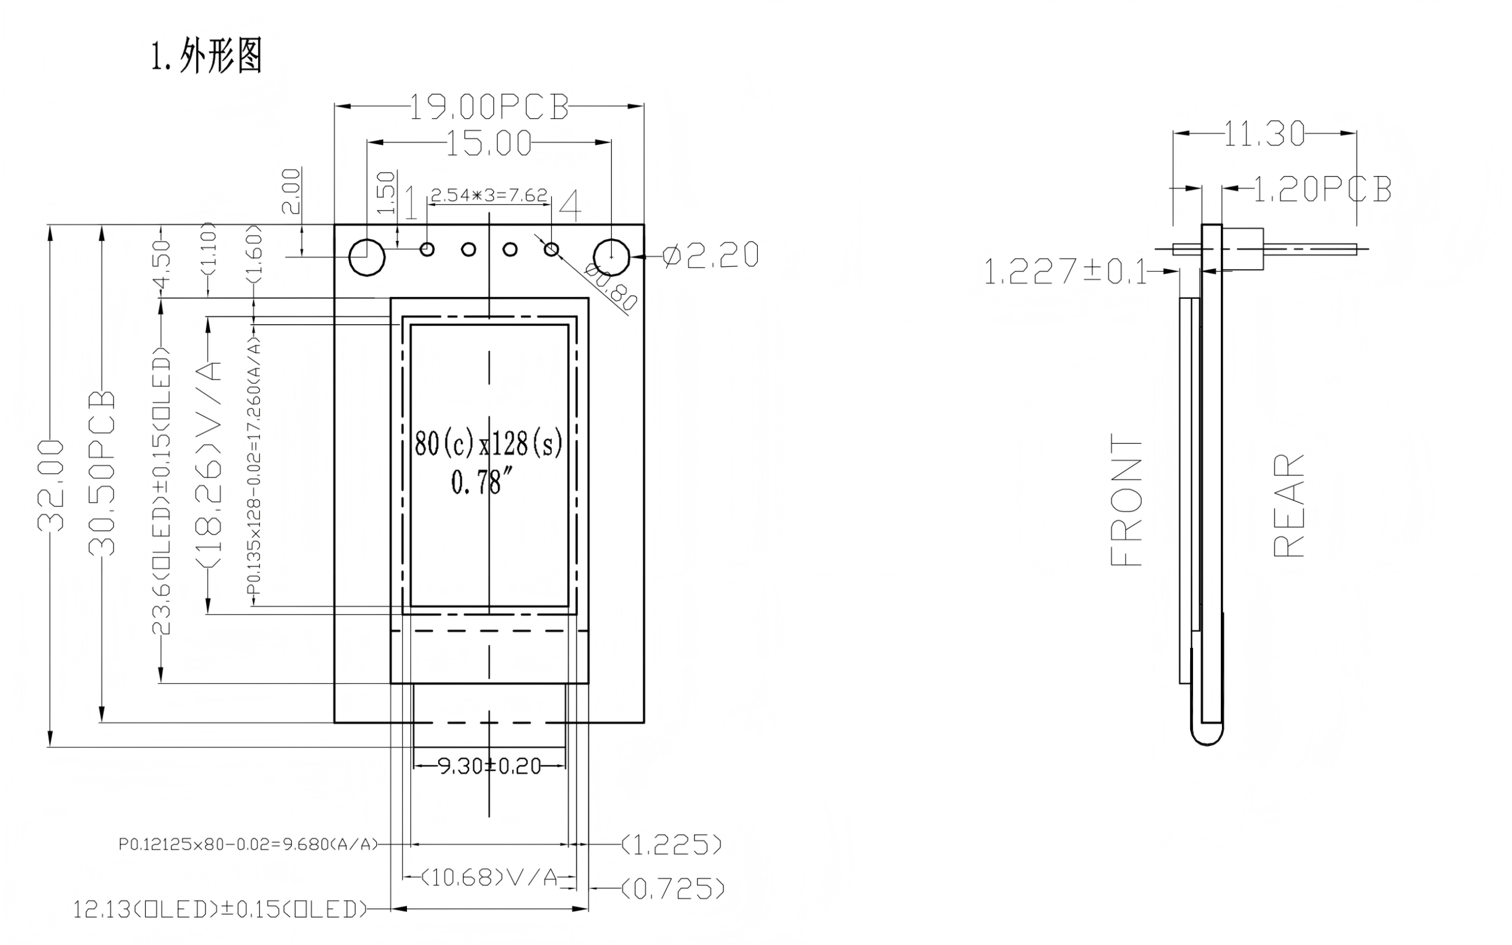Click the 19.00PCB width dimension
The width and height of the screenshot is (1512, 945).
[489, 107]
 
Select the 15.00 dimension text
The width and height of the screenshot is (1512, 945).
[489, 143]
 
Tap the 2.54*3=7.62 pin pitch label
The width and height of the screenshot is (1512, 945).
[489, 195]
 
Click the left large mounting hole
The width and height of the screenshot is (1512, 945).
[367, 257]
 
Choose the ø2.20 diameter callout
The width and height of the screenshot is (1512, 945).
[711, 255]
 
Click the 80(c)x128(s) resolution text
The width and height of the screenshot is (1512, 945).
[488, 444]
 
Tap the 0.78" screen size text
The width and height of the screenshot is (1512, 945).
[477, 482]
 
